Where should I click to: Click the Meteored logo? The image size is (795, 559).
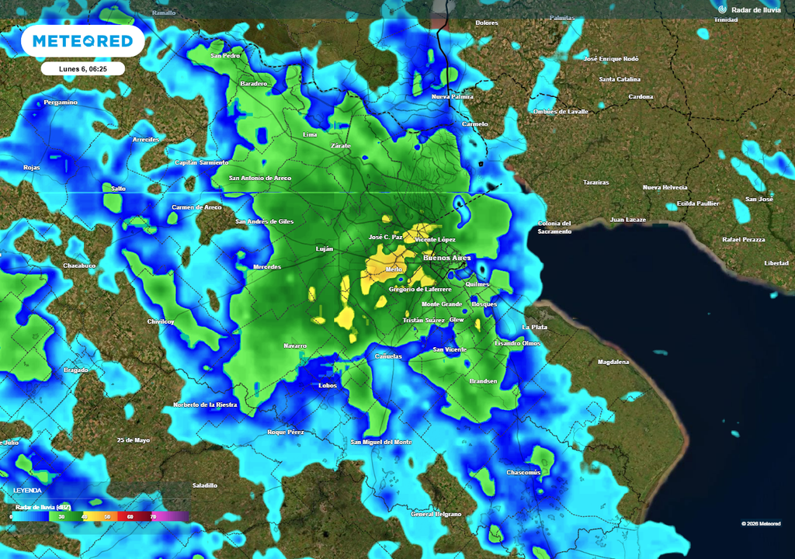(82, 41)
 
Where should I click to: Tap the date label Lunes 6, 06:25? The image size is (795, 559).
(82, 69)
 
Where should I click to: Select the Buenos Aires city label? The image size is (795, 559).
(446, 257)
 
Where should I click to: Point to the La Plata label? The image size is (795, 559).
(535, 327)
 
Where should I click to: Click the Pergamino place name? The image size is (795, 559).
(61, 102)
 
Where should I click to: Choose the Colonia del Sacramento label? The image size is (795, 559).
(554, 227)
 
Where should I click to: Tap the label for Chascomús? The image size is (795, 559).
(523, 472)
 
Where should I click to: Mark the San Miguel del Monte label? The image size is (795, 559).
(381, 442)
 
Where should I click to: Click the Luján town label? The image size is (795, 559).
(325, 248)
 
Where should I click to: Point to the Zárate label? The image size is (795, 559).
(341, 145)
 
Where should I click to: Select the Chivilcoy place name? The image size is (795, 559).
(161, 321)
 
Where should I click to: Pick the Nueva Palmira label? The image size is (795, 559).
(453, 96)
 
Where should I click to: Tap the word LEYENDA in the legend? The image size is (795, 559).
(27, 490)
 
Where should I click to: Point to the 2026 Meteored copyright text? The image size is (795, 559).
(761, 523)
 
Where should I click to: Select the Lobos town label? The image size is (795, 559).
(328, 385)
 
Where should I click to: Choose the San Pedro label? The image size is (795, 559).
(226, 56)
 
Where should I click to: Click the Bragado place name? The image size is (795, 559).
(76, 370)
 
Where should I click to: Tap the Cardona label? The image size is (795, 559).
(641, 97)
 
